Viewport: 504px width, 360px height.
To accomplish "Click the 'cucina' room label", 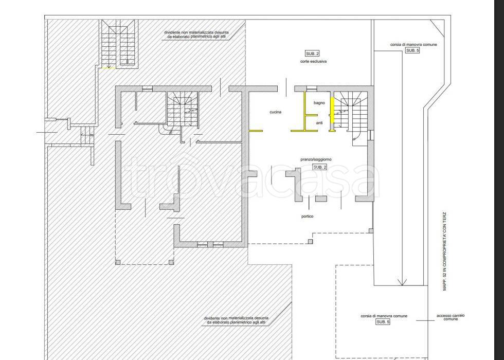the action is click(276, 112).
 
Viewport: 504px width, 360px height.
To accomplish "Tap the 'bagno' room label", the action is click(319, 103).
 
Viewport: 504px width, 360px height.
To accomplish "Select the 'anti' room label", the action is click(319, 123).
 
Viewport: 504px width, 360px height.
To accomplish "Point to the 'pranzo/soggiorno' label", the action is click(316, 159).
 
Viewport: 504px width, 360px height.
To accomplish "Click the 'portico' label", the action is click(308, 217).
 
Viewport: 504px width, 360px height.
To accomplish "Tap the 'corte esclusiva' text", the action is click(313, 61).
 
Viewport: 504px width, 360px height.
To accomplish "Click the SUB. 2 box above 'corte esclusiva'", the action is click(312, 53).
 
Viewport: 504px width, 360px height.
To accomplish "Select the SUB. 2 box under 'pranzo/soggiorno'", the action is click(320, 167).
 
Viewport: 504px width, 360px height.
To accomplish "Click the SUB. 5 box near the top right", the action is click(412, 50).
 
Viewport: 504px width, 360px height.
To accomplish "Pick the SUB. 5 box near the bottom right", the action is click(383, 322).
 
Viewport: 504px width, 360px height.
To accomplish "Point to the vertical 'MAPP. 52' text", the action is click(445, 251).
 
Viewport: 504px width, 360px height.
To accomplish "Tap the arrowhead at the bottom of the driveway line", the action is click(402, 282).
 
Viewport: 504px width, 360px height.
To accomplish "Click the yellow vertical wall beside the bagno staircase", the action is click(333, 110).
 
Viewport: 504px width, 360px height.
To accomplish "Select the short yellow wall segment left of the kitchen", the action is click(256, 131).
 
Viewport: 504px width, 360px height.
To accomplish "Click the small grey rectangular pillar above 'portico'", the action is click(321, 199).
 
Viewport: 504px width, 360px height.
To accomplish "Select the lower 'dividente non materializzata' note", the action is click(236, 320).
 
